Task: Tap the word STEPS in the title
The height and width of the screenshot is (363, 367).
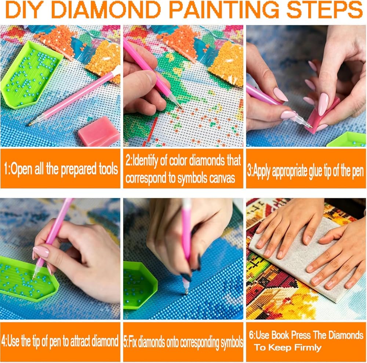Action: click(324, 10)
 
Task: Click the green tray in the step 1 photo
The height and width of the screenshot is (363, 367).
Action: click(31, 74)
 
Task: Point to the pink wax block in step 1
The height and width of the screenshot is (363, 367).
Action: click(99, 132)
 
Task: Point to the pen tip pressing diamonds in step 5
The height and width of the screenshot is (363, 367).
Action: click(186, 292)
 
